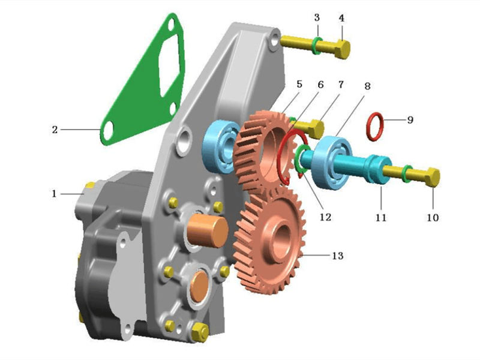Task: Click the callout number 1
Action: coord(54,194)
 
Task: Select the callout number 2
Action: coord(54,129)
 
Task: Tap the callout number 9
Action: coord(410,120)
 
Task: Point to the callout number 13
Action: coord(338,256)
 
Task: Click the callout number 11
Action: coord(381,217)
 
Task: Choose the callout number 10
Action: coord(433,217)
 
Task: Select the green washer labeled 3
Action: coord(316,46)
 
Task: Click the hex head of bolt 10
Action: coord(432,177)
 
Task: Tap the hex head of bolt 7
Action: coord(313,128)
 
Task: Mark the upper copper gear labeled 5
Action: coord(258,150)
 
